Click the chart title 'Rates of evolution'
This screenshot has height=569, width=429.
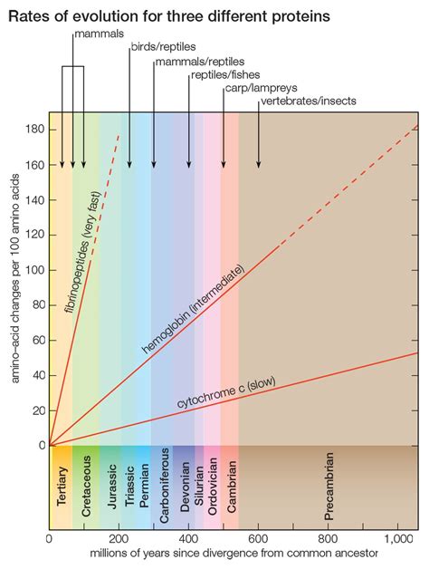click(x=168, y=15)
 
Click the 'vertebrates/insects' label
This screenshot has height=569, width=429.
click(x=308, y=101)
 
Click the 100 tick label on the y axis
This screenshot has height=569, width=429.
click(x=34, y=270)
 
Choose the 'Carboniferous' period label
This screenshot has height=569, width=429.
click(x=164, y=490)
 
